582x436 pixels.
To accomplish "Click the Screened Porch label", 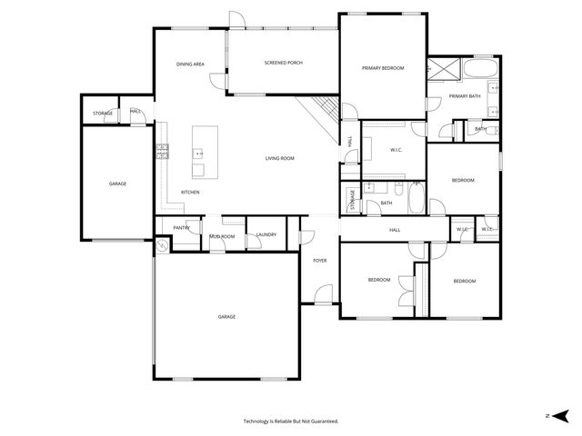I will (x=283, y=63).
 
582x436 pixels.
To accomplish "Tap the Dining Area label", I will (x=190, y=64).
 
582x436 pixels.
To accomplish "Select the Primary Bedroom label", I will (x=383, y=68).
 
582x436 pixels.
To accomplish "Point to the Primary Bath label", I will (x=464, y=95).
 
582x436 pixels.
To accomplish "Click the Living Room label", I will (x=280, y=158).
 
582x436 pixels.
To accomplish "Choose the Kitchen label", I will (x=190, y=192).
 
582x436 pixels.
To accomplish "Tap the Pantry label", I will (x=181, y=228).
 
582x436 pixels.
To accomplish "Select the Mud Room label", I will (x=222, y=236).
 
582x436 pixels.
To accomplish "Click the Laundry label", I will (x=266, y=235).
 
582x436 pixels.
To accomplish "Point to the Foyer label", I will (x=320, y=261).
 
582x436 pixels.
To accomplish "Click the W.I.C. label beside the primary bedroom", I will (x=396, y=150).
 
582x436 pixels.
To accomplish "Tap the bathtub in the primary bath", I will (x=479, y=70).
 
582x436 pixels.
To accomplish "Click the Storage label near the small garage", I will (x=103, y=114).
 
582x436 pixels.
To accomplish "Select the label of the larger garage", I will (x=226, y=316).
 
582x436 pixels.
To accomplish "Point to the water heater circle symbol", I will (x=162, y=245).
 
